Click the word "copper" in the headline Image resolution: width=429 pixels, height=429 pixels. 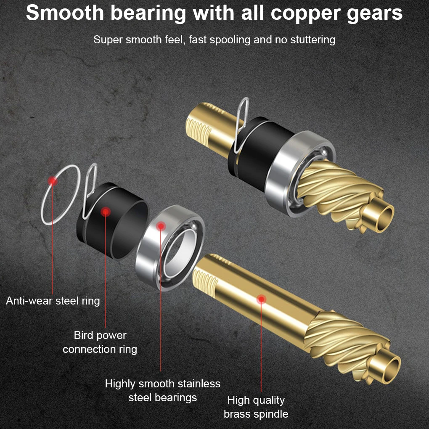coord(305,13)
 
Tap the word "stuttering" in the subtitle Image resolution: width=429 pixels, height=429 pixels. coord(311,40)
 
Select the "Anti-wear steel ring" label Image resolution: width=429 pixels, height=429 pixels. coord(53,301)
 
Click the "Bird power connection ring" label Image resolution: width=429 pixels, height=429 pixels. coord(100,342)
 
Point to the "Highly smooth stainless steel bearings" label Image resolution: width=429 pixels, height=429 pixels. coord(163,391)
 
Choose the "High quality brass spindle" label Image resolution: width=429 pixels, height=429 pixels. coord(256,407)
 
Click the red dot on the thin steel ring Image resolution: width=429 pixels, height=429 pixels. coord(52,181)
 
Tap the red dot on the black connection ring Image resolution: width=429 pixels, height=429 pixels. coord(106,212)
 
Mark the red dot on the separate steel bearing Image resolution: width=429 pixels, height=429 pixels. coord(160,226)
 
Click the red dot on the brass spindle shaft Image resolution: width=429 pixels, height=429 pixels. coord(262,299)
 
